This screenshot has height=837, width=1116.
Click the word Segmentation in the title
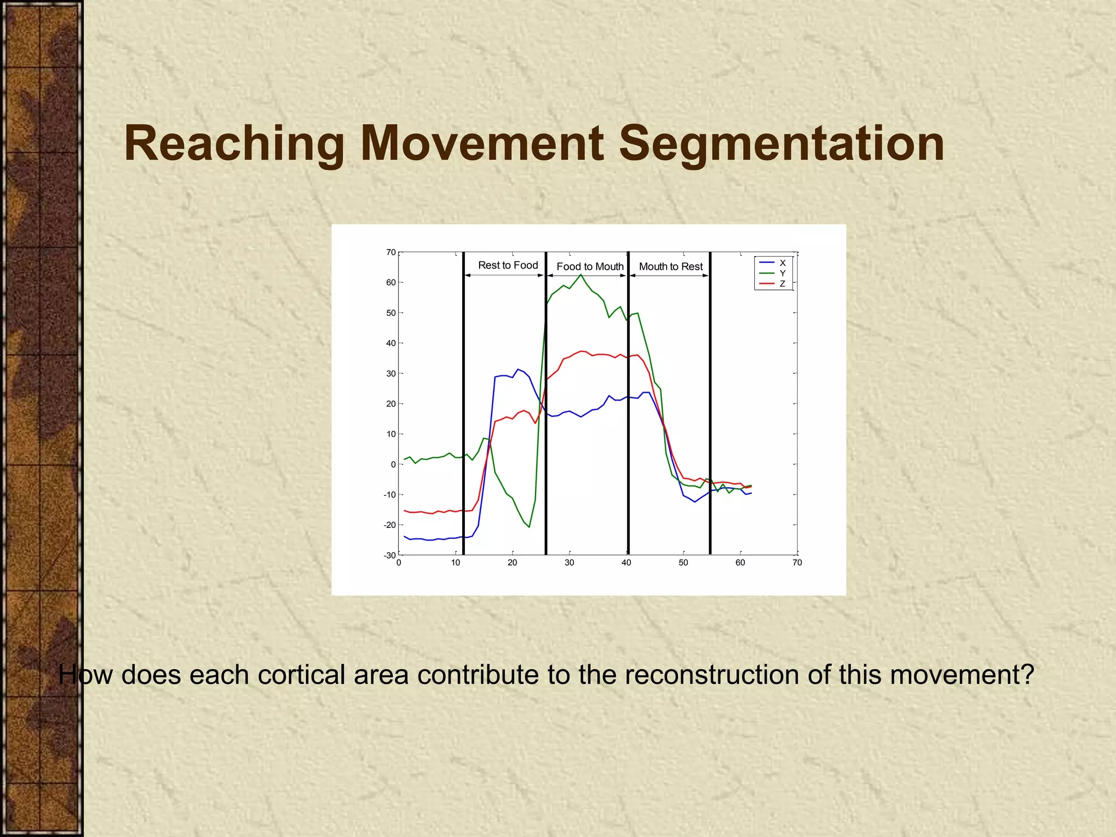tap(781, 144)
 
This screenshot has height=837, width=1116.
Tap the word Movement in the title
tap(482, 144)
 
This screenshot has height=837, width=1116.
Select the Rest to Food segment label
tap(508, 265)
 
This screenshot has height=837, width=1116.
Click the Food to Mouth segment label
tap(590, 266)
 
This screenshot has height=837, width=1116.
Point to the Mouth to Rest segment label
tap(671, 266)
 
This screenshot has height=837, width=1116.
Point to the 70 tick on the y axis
tap(391, 252)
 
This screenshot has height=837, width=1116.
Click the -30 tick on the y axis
tap(390, 555)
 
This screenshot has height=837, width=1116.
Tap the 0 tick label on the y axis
tap(393, 464)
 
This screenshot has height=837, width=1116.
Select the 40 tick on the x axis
tap(626, 563)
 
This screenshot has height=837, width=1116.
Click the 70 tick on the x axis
tap(797, 563)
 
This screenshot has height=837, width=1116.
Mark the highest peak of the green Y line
tap(581, 275)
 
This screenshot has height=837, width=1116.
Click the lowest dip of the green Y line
tap(529, 527)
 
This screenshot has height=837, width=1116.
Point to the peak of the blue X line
tap(518, 369)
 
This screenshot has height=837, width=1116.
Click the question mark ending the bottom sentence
tap(1027, 675)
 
